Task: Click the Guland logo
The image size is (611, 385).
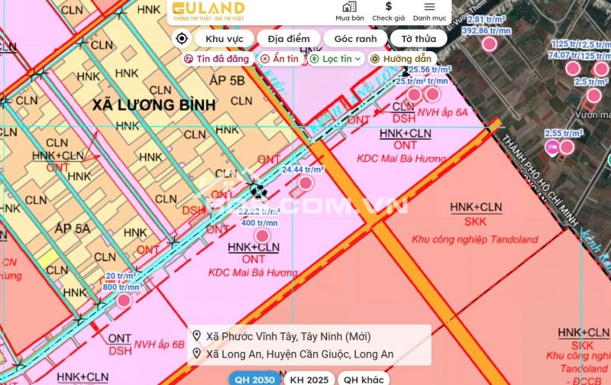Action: (x=208, y=11)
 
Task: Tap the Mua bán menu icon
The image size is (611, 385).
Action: (x=349, y=11)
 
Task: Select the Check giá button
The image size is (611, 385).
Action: (x=388, y=11)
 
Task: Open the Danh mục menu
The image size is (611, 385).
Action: (x=429, y=11)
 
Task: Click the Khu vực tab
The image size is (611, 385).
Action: (x=223, y=38)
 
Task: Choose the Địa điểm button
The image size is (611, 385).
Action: (x=289, y=38)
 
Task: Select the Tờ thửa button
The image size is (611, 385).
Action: (x=419, y=38)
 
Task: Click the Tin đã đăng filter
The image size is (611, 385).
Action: (x=217, y=58)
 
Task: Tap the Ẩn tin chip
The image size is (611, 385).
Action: (x=280, y=58)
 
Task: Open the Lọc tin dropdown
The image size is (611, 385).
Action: (x=335, y=58)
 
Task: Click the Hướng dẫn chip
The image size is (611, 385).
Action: (x=401, y=58)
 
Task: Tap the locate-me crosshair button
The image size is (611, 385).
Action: (x=182, y=38)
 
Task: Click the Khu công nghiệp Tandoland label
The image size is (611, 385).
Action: (x=474, y=239)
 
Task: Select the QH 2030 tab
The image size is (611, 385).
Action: (x=254, y=379)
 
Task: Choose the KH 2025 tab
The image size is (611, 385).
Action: (x=309, y=379)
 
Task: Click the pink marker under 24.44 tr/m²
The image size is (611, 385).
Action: (x=305, y=183)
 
